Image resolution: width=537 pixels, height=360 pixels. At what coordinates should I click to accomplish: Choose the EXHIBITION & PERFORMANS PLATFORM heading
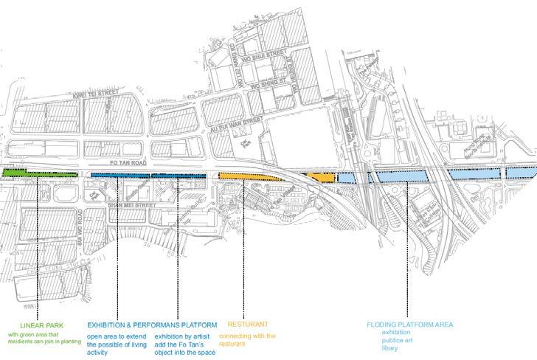151,325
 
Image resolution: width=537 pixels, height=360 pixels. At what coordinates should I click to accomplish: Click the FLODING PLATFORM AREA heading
410,325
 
